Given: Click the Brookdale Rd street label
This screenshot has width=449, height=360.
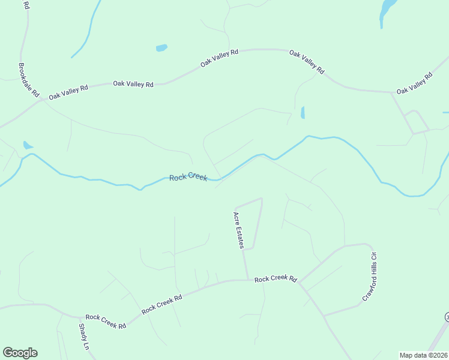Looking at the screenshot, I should click(29, 81).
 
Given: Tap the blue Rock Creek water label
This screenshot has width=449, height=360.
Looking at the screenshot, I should click(188, 177).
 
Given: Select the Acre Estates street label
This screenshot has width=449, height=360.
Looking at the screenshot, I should click(239, 230).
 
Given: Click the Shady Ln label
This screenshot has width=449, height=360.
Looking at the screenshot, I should click(83, 337).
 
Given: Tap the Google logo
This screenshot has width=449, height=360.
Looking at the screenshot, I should click(20, 353).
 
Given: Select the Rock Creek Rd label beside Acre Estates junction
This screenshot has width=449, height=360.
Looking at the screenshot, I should click(276, 279).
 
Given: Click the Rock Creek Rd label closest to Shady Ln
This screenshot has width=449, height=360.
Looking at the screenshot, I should click(106, 321).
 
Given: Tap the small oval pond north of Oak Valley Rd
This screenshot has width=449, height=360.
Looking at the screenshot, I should click(161, 47).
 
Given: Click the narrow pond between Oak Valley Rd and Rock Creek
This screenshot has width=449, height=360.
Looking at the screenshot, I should click(303, 112).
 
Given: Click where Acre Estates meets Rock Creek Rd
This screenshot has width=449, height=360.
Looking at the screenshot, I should click(247, 280).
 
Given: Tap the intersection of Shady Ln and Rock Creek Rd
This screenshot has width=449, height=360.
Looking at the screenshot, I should click(79, 317).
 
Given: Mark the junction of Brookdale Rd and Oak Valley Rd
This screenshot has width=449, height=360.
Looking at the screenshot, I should click(41, 100).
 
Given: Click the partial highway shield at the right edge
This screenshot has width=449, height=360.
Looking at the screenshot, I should click(447, 317).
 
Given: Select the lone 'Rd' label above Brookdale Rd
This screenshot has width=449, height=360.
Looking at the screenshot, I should click(25, 5).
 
